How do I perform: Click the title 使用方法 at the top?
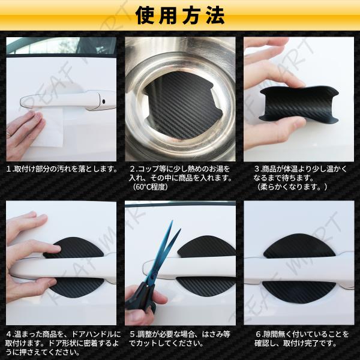(x=180, y=16)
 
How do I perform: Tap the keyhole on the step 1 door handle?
(x=104, y=101)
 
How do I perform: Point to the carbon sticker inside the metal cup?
(x=181, y=107)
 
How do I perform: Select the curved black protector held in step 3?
(x=298, y=104)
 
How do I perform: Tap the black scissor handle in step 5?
(x=142, y=298)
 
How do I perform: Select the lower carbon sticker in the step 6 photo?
(x=296, y=292)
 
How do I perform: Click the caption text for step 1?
(x=62, y=169)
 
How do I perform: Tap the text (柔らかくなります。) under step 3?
(x=292, y=187)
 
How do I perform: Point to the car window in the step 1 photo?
(x=62, y=46)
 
